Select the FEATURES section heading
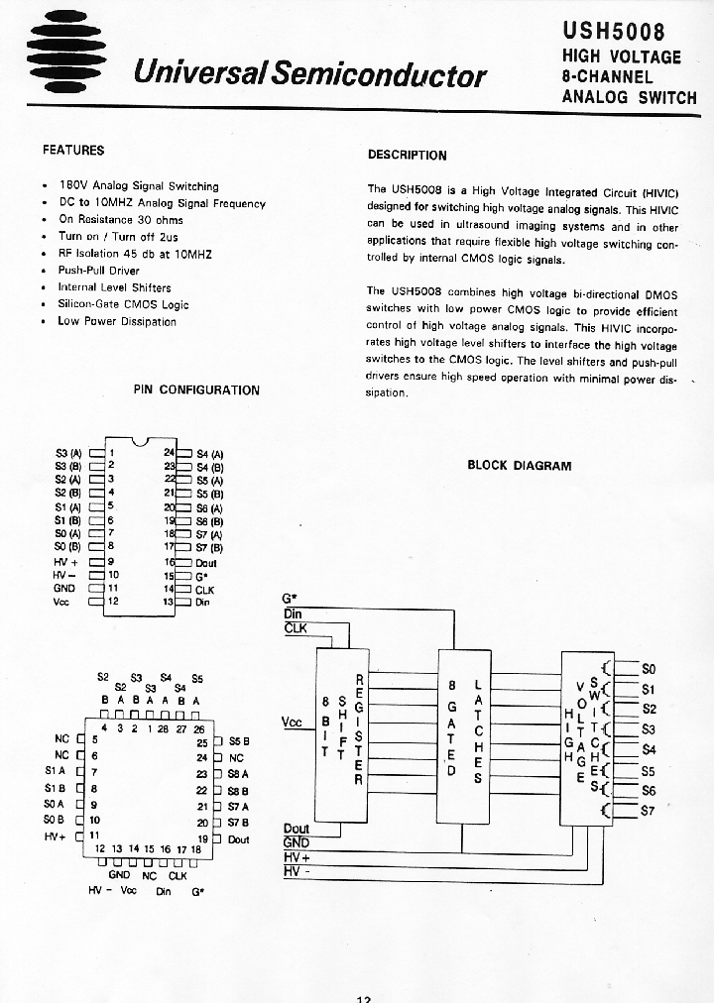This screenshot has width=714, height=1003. (73, 151)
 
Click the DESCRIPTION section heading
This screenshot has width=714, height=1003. (407, 155)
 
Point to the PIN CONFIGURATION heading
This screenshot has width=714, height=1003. (196, 390)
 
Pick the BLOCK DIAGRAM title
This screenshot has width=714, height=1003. (519, 466)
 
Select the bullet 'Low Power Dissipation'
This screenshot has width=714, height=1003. (117, 321)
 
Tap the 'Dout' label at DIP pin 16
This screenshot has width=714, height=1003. (207, 563)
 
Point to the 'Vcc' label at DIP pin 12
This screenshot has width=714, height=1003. (60, 602)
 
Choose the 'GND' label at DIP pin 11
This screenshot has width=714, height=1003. (63, 588)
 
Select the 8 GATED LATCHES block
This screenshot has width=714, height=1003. (464, 731)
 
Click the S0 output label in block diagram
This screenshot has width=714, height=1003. (650, 668)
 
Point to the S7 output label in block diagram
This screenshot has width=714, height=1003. (650, 811)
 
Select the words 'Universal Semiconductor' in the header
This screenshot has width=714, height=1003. (309, 74)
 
